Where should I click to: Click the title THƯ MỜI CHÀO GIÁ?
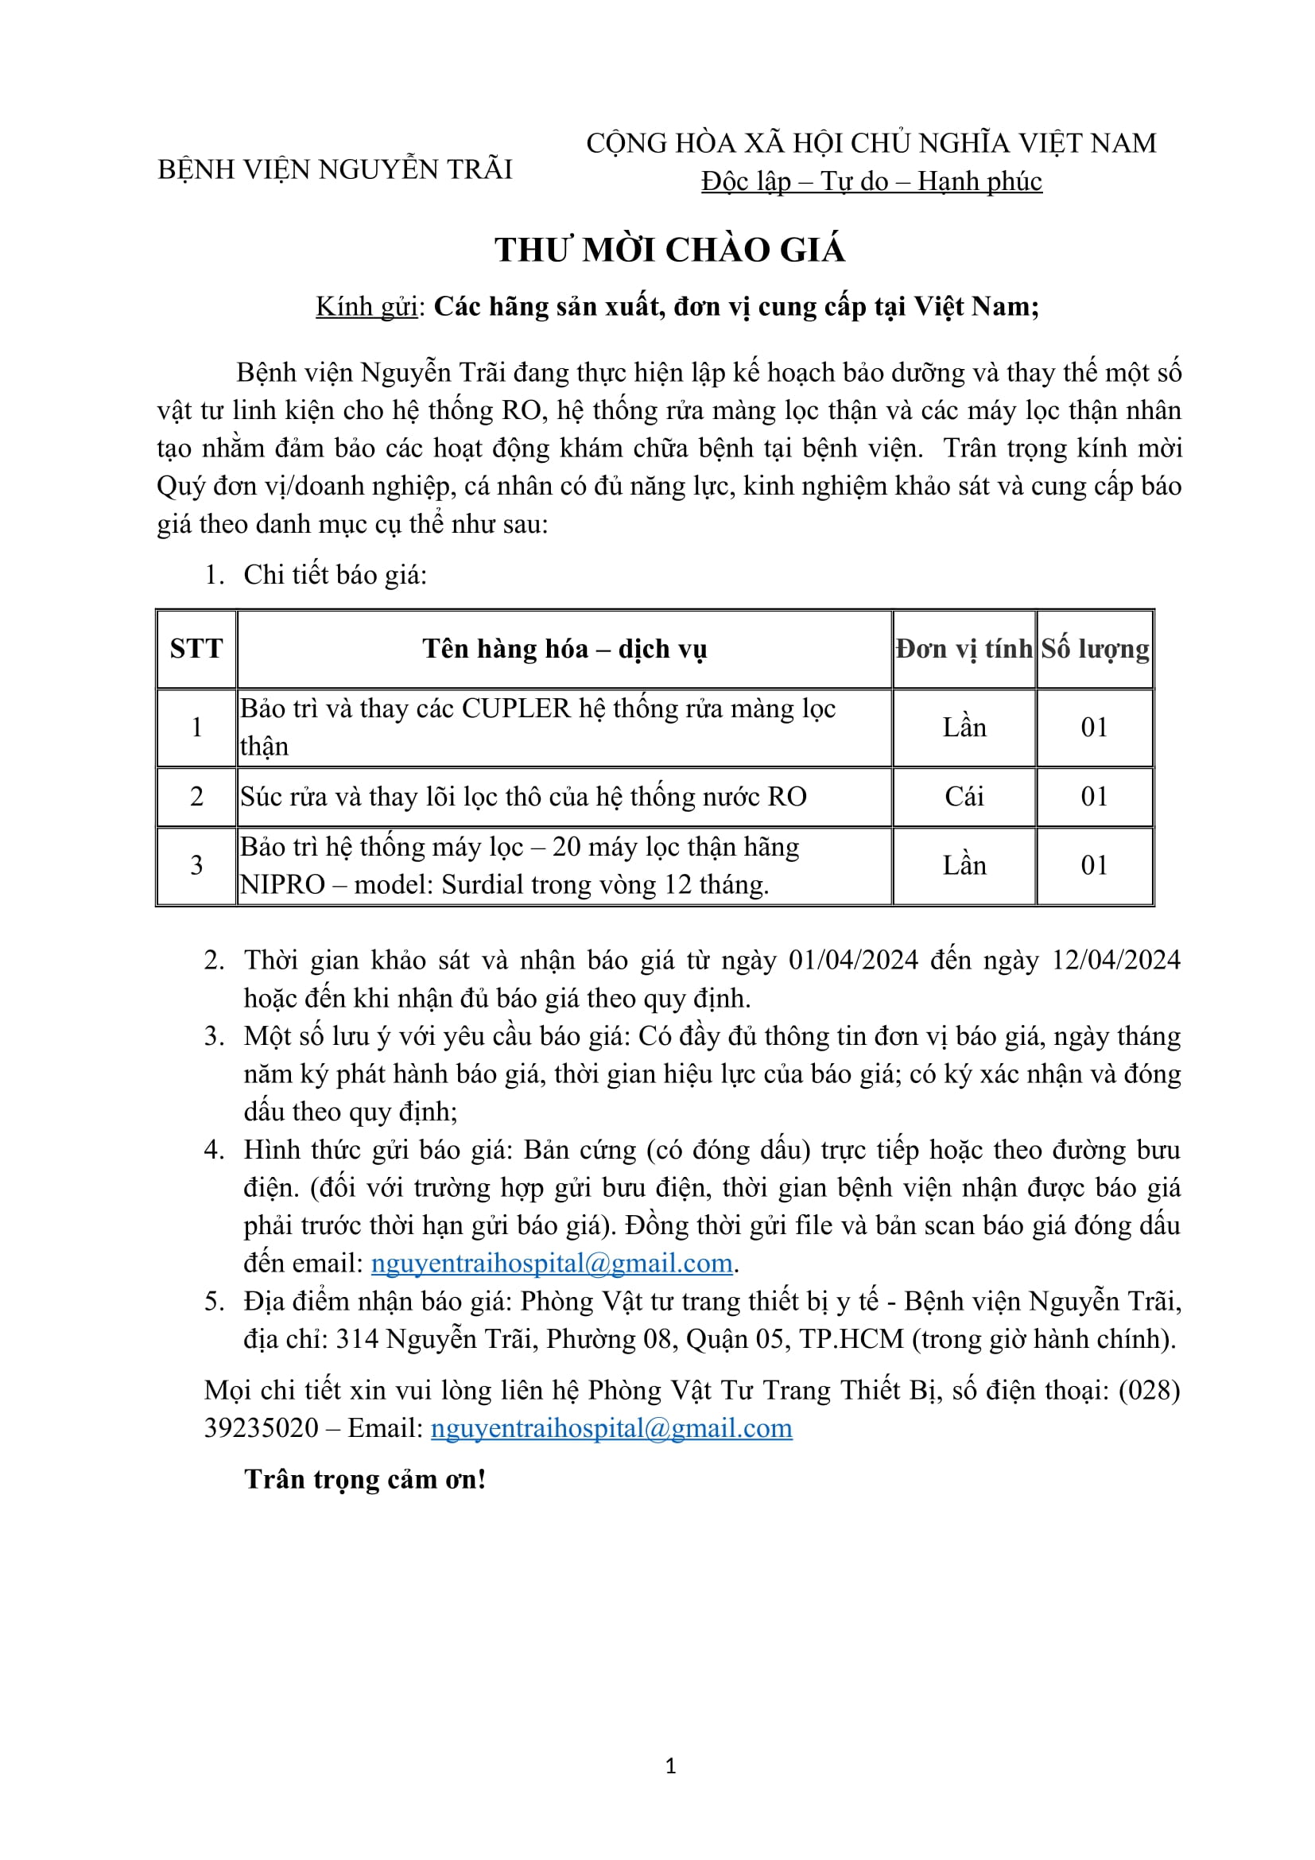click(x=669, y=250)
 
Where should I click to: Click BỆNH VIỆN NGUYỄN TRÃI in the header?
click(x=335, y=169)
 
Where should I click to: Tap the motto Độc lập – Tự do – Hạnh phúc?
click(x=871, y=181)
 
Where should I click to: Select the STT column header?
click(x=196, y=649)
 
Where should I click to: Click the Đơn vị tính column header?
click(x=964, y=649)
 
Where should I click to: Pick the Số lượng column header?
click(x=1095, y=649)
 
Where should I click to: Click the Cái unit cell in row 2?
click(x=964, y=796)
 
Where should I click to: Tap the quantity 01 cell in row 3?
click(x=1095, y=865)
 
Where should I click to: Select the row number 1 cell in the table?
click(x=196, y=728)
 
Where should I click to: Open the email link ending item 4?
click(x=552, y=1263)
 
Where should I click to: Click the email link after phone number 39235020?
click(x=611, y=1427)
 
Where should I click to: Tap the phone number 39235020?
click(x=262, y=1427)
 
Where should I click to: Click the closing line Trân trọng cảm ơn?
click(x=365, y=1479)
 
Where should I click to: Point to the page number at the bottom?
click(x=670, y=1766)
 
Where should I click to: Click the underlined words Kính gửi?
click(x=367, y=306)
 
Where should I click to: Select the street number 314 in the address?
click(x=357, y=1338)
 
